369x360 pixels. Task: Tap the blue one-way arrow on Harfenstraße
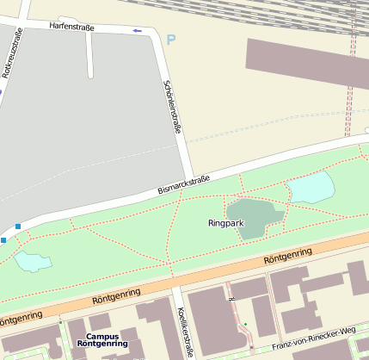tap(137, 31)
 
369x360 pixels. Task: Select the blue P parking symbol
tap(170, 40)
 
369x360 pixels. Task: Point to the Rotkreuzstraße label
tap(11, 53)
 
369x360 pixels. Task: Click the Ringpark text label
tap(226, 223)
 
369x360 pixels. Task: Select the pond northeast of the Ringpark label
tap(311, 187)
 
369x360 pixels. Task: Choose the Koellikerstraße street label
tap(181, 332)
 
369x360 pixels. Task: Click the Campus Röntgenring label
tap(102, 340)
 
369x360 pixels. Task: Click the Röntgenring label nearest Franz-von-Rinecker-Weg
tap(287, 258)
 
